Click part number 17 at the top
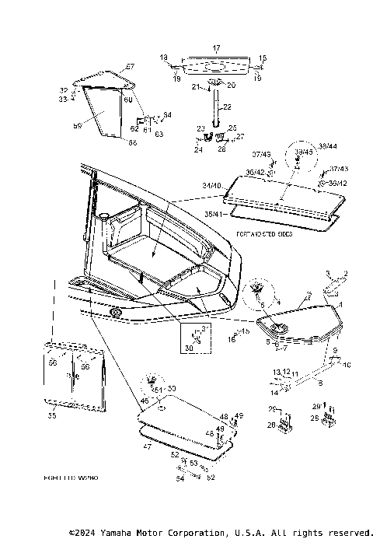tap(217, 47)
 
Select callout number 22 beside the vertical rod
tap(227, 106)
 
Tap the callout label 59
tap(77, 124)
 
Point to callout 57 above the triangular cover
tap(130, 66)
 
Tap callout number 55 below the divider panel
tap(53, 416)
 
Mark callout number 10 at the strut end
tap(347, 364)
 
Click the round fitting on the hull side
tap(116, 312)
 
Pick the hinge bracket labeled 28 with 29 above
tap(329, 420)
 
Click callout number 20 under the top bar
tap(230, 84)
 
